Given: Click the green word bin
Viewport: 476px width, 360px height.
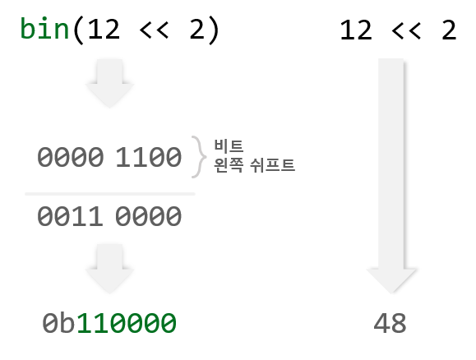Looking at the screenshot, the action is point(44,29).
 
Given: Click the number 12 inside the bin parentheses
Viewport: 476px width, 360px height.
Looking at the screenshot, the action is point(104,30).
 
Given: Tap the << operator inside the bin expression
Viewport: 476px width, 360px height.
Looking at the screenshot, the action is point(154,30).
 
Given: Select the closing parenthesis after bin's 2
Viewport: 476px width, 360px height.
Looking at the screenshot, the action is point(214,30).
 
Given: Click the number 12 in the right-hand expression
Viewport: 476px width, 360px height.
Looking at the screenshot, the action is point(356,30).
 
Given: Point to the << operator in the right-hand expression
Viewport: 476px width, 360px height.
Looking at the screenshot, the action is point(406,30).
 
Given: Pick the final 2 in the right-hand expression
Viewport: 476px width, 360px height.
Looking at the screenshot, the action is point(449,30).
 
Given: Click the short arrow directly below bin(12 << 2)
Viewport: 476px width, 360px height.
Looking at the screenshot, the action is point(109,83).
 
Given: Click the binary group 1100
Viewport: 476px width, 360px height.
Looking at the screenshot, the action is point(149,157).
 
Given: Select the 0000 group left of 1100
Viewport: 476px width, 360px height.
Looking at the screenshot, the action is point(71,157).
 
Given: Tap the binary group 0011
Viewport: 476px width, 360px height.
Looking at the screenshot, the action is point(70,216).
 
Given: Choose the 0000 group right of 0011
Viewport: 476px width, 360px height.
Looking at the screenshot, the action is point(149,216).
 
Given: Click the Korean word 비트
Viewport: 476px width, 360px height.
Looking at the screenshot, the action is point(229,145).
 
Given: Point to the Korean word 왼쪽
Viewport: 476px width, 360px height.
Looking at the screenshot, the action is point(229,165).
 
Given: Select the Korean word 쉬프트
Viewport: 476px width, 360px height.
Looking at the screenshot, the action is point(272,165).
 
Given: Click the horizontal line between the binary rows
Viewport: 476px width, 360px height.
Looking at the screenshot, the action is point(110,194).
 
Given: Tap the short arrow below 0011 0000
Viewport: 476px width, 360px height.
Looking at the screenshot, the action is point(109,269).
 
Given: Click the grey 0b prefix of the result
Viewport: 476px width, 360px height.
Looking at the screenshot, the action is point(59,323).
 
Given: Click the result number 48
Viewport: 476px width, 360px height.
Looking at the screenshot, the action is point(390,323).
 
